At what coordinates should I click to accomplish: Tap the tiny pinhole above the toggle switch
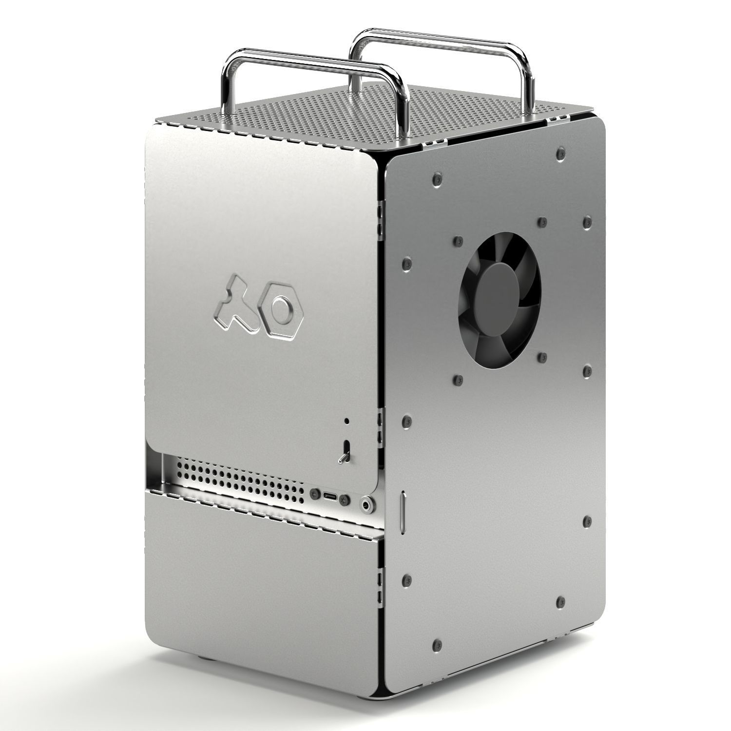click(x=346, y=420)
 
